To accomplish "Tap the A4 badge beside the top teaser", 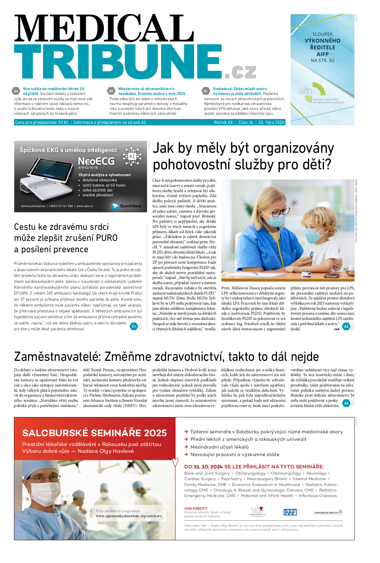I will [16, 91].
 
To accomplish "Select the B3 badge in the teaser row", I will [111, 91].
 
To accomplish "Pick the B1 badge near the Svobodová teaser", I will [205, 91].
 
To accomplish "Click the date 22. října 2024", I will [271, 123].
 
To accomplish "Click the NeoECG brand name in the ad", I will [96, 161].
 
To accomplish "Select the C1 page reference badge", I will [134, 326].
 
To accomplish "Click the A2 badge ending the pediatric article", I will [346, 326].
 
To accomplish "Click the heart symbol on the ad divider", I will [176, 462].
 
